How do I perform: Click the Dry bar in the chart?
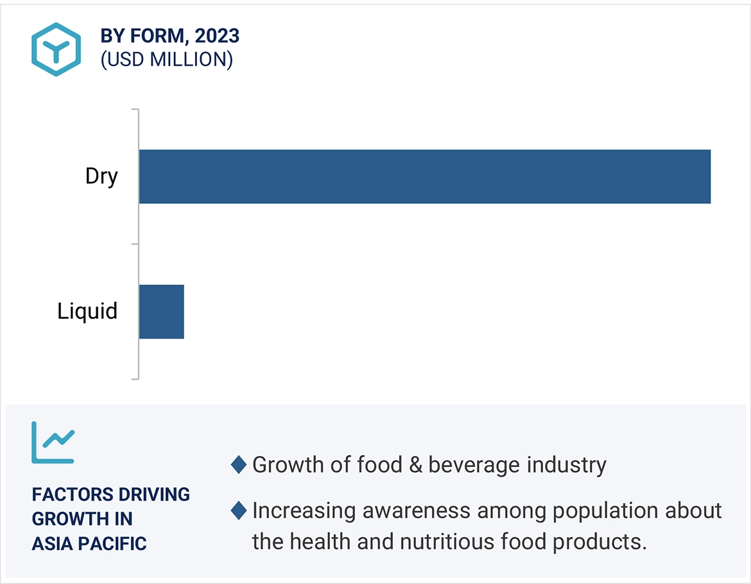click(424, 177)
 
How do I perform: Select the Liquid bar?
click(161, 312)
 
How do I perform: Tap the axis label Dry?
click(101, 177)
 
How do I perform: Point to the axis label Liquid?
click(87, 312)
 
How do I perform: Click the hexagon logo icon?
click(56, 49)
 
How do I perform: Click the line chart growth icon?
click(53, 443)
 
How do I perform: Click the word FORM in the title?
click(157, 36)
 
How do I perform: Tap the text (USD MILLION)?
click(166, 60)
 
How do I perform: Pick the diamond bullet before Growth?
click(239, 465)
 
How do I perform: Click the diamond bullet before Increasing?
click(239, 511)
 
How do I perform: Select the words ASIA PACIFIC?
click(89, 544)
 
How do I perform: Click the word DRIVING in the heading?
click(154, 495)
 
